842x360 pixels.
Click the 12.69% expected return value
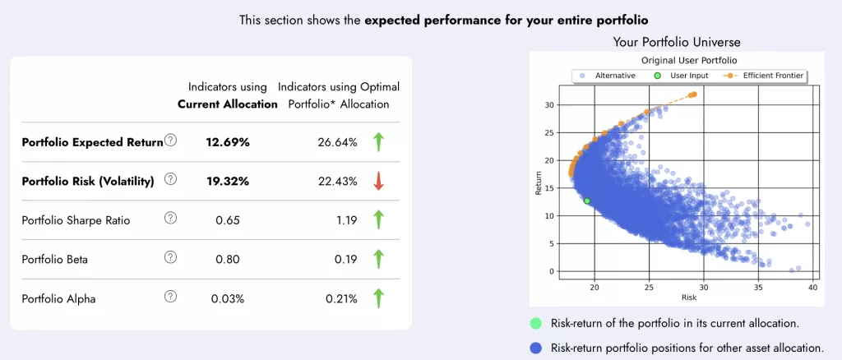pos(228,142)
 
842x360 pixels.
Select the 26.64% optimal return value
pos(337,142)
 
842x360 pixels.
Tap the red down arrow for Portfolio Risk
pos(378,182)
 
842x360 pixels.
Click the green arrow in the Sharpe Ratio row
pos(378,220)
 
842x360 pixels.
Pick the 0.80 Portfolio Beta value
pos(228,260)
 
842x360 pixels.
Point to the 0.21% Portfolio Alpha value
pos(337,298)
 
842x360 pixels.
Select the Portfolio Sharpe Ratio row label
pos(76,220)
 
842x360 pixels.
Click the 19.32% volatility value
pos(228,182)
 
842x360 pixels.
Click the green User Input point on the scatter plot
pos(587,201)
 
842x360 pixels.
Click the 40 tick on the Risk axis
pos(812,288)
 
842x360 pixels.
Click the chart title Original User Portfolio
pos(687,61)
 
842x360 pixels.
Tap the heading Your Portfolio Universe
pos(676,42)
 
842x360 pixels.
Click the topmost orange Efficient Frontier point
pos(695,94)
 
